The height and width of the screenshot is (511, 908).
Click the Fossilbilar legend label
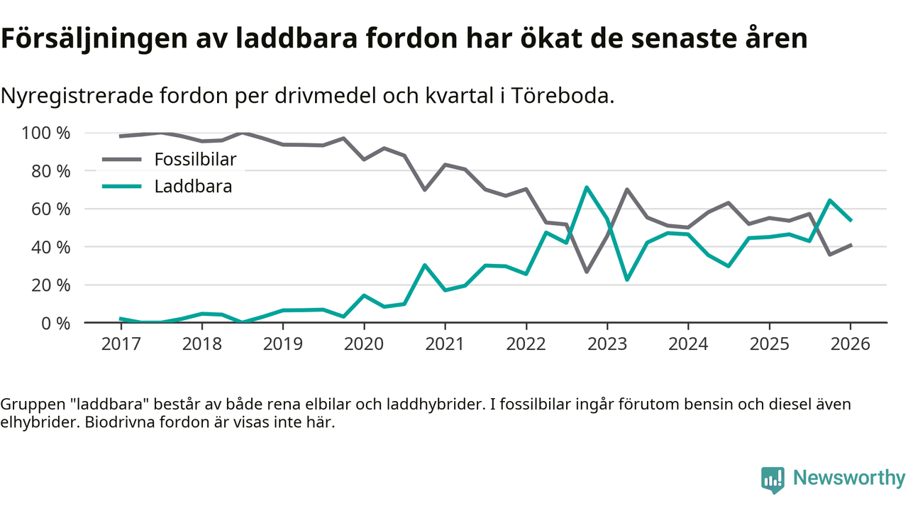(x=195, y=159)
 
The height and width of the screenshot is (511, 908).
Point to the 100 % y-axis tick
(x=46, y=133)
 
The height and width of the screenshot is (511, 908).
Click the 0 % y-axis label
(x=54, y=323)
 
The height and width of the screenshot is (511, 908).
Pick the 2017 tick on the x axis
(x=121, y=345)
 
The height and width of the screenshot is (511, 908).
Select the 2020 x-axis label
(x=364, y=345)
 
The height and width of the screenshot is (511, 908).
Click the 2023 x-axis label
(x=607, y=345)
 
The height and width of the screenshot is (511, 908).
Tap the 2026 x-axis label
(x=850, y=345)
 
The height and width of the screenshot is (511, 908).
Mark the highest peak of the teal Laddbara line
(x=587, y=187)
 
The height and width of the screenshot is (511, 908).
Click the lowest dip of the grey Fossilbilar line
(x=587, y=272)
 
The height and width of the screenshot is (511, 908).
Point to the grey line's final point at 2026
(x=851, y=245)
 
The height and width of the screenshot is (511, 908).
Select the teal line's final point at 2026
(x=851, y=220)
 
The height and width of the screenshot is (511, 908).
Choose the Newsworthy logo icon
(x=773, y=479)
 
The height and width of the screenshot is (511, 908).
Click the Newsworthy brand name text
(x=848, y=478)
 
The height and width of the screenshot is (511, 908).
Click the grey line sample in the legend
(x=123, y=159)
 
